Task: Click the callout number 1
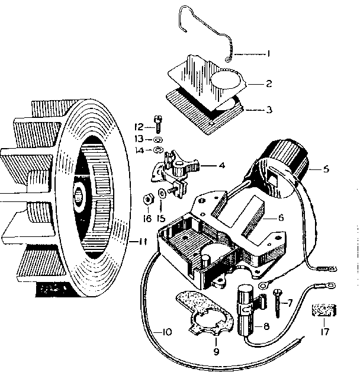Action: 268,54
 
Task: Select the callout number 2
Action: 268,84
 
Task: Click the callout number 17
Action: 324,332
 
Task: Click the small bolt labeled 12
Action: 157,124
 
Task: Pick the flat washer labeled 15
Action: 162,194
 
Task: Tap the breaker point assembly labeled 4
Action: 176,168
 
